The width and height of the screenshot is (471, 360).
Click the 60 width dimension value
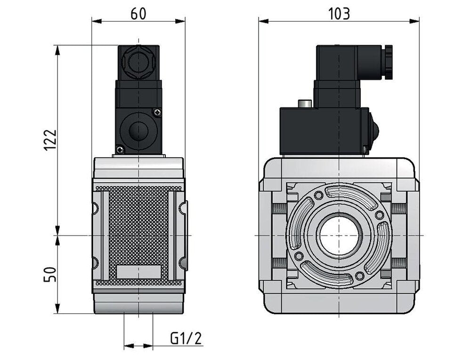click(x=138, y=14)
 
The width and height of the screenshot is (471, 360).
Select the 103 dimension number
click(x=339, y=14)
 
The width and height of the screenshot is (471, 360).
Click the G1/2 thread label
click(x=186, y=338)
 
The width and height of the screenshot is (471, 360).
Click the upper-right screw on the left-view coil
click(x=157, y=112)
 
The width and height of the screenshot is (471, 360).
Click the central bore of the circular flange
click(x=339, y=235)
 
